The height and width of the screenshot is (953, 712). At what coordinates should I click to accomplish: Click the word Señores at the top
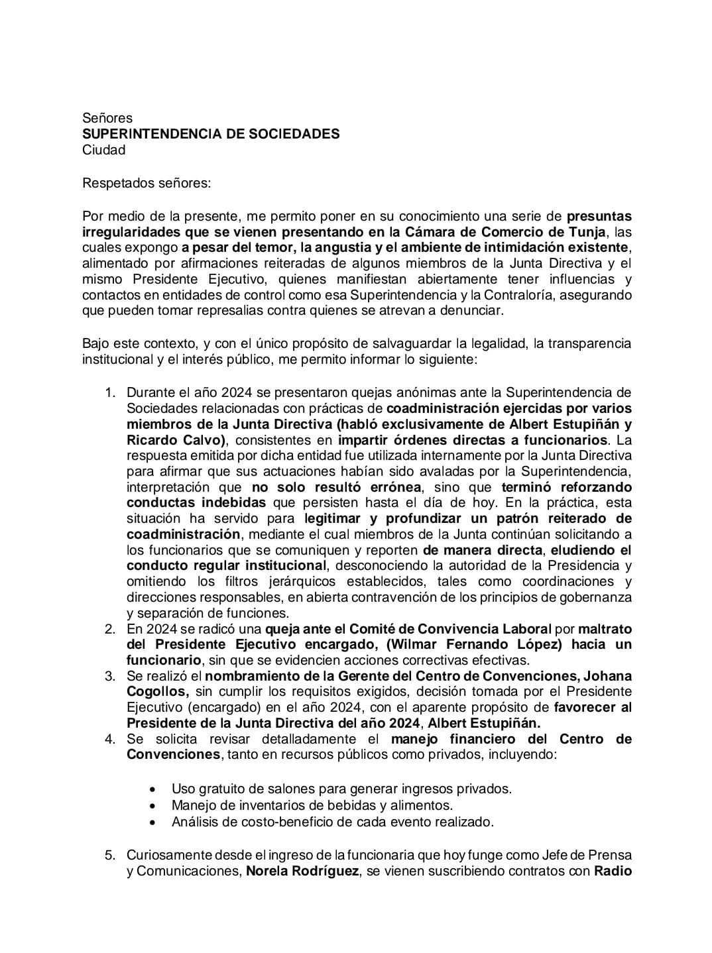coord(107,118)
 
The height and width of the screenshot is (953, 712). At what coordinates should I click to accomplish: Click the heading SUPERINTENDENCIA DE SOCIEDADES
coord(211,134)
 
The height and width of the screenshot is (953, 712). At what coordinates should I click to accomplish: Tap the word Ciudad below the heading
coord(103,150)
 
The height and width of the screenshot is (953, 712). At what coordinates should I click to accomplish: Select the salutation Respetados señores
coord(146,182)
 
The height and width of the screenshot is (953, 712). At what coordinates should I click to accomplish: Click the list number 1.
coord(110,392)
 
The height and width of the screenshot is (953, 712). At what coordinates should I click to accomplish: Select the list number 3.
coord(110,676)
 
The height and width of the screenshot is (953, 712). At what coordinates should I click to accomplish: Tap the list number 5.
coord(110,855)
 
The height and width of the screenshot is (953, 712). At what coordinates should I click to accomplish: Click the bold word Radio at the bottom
coord(613,871)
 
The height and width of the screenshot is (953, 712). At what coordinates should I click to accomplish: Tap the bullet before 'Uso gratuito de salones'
coord(154,789)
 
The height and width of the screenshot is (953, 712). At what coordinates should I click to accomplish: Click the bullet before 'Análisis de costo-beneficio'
coord(154,822)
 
